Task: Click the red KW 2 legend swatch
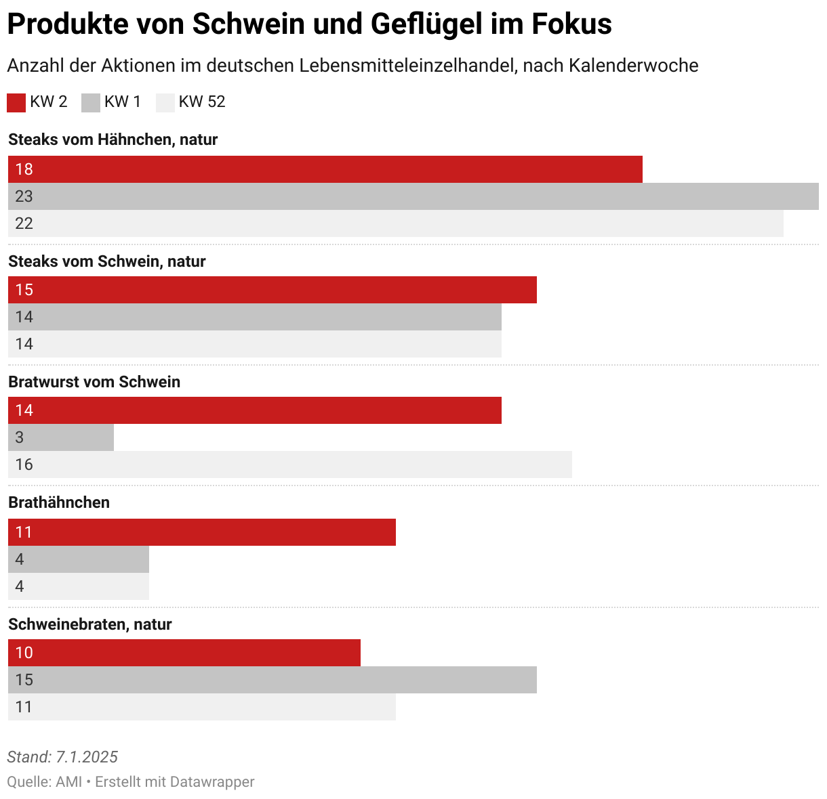(16, 102)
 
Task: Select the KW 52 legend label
(201, 102)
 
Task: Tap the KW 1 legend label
(122, 102)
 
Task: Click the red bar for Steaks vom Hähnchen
(325, 169)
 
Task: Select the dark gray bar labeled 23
(413, 196)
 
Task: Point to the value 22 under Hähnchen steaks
(24, 223)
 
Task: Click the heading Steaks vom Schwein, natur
(107, 261)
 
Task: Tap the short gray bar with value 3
(61, 437)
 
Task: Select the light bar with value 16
(290, 465)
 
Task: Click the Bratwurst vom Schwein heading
(94, 382)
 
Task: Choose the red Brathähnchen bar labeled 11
(202, 532)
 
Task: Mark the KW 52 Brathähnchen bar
(79, 586)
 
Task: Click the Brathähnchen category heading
(59, 502)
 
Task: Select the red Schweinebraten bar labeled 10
(184, 653)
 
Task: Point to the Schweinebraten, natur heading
(90, 624)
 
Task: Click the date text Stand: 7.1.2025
(62, 757)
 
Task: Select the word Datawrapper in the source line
(212, 782)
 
